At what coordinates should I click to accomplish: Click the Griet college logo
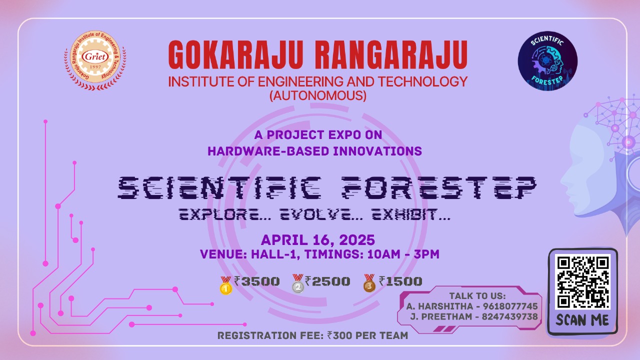pos(95,60)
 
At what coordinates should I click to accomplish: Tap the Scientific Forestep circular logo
pos(547,61)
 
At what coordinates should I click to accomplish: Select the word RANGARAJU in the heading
pos(391,55)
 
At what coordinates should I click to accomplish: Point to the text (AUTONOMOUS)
pos(318,95)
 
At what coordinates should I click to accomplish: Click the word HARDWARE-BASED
pos(268,151)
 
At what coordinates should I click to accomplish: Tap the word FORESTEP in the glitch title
pos(439,187)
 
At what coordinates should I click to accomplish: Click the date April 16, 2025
pos(317,239)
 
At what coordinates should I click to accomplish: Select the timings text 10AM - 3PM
pos(403,254)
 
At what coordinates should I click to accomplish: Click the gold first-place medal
pos(225,285)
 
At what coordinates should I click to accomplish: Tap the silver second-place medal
pos(297,283)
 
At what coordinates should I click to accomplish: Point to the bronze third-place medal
pos(369,283)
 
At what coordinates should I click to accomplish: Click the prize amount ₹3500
pos(257,281)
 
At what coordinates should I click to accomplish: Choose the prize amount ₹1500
pos(400,281)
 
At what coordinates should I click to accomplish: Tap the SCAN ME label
pos(582,320)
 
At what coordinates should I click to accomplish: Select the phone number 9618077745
pos(510,306)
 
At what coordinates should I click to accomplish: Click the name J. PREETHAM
pos(441,317)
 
